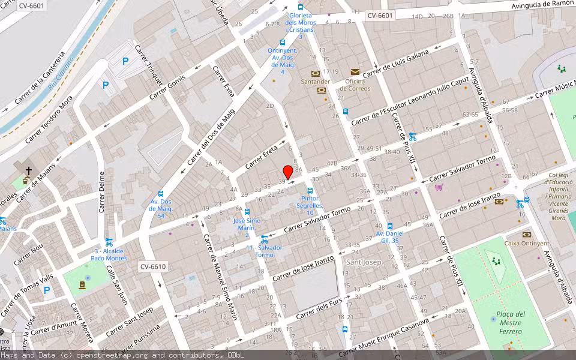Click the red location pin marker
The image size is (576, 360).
tap(287, 172)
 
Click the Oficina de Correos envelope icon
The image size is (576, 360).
tap(355, 72)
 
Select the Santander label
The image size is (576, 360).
tap(315, 82)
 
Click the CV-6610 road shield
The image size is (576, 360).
tap(153, 266)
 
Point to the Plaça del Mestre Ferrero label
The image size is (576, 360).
tap(512, 322)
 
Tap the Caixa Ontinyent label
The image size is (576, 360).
tap(526, 243)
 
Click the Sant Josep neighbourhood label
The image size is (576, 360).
tap(364, 262)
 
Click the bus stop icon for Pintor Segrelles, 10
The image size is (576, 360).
tap(310, 191)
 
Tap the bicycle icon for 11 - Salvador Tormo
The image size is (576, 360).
tap(264, 239)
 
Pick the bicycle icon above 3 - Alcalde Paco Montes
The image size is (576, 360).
tap(109, 242)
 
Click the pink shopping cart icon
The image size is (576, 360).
tap(439, 187)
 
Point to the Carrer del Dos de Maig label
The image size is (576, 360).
tap(211, 140)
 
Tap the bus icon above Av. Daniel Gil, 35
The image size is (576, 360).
tap(389, 226)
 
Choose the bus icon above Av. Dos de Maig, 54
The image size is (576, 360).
tap(161, 194)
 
